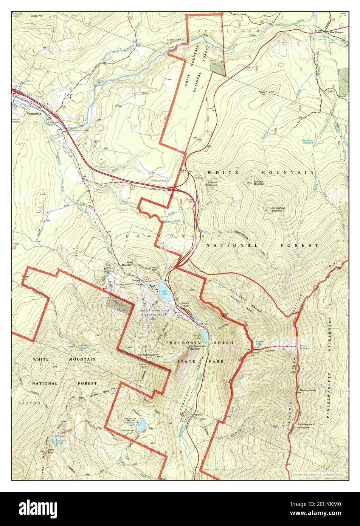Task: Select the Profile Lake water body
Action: tap(204, 334)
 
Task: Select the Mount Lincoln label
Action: tap(307, 390)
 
